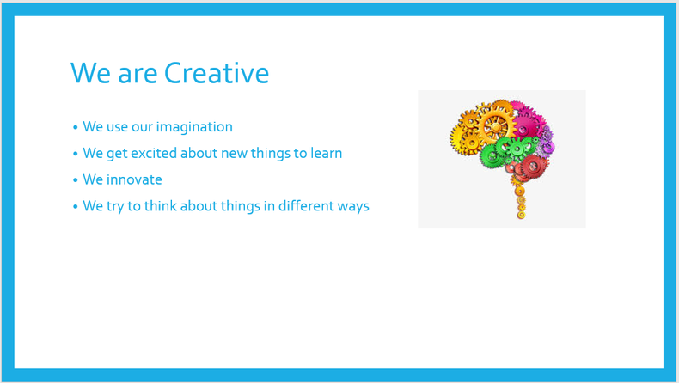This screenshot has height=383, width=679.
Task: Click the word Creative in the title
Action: coord(217,73)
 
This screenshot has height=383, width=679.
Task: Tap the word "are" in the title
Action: coord(138,75)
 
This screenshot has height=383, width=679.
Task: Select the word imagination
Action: coord(194,127)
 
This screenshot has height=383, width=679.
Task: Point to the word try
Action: coord(115,206)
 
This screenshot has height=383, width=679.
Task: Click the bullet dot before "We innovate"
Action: coord(76,180)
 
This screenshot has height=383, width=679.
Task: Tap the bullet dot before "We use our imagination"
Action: coord(76,127)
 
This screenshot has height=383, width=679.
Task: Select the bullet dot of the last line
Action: coord(76,206)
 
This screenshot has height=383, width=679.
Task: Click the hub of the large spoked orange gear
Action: coord(495,127)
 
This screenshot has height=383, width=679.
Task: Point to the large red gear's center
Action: coord(534,167)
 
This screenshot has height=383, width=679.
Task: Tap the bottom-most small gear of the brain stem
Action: coord(522,215)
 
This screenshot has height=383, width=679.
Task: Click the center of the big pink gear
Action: coord(524,129)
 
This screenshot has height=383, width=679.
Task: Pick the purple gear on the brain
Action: coord(547,141)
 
